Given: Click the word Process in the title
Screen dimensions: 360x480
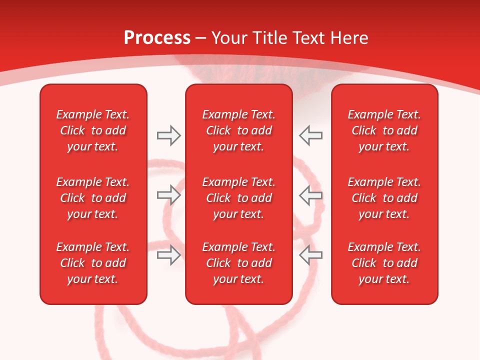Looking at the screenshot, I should tap(157, 38).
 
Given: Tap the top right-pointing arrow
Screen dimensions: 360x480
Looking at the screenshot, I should tap(168, 135).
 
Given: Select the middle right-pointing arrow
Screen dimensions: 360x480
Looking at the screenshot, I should tap(168, 195).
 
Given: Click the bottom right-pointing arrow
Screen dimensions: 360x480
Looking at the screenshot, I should tap(168, 255).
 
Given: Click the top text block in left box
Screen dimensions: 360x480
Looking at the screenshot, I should tap(93, 130).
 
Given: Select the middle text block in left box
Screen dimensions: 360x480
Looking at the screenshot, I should tap(93, 198).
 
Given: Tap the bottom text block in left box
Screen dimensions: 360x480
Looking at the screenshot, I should tap(93, 263).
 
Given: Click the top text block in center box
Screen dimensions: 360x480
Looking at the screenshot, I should tap(238, 130).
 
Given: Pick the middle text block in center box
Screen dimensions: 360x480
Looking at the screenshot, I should tap(238, 198).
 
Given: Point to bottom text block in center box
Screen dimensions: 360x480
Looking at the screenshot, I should tap(238, 263).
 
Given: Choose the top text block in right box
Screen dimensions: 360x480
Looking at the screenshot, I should tap(384, 130).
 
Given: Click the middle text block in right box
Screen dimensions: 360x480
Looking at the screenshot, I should tap(384, 198).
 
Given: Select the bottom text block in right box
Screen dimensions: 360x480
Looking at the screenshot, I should tap(384, 263).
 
